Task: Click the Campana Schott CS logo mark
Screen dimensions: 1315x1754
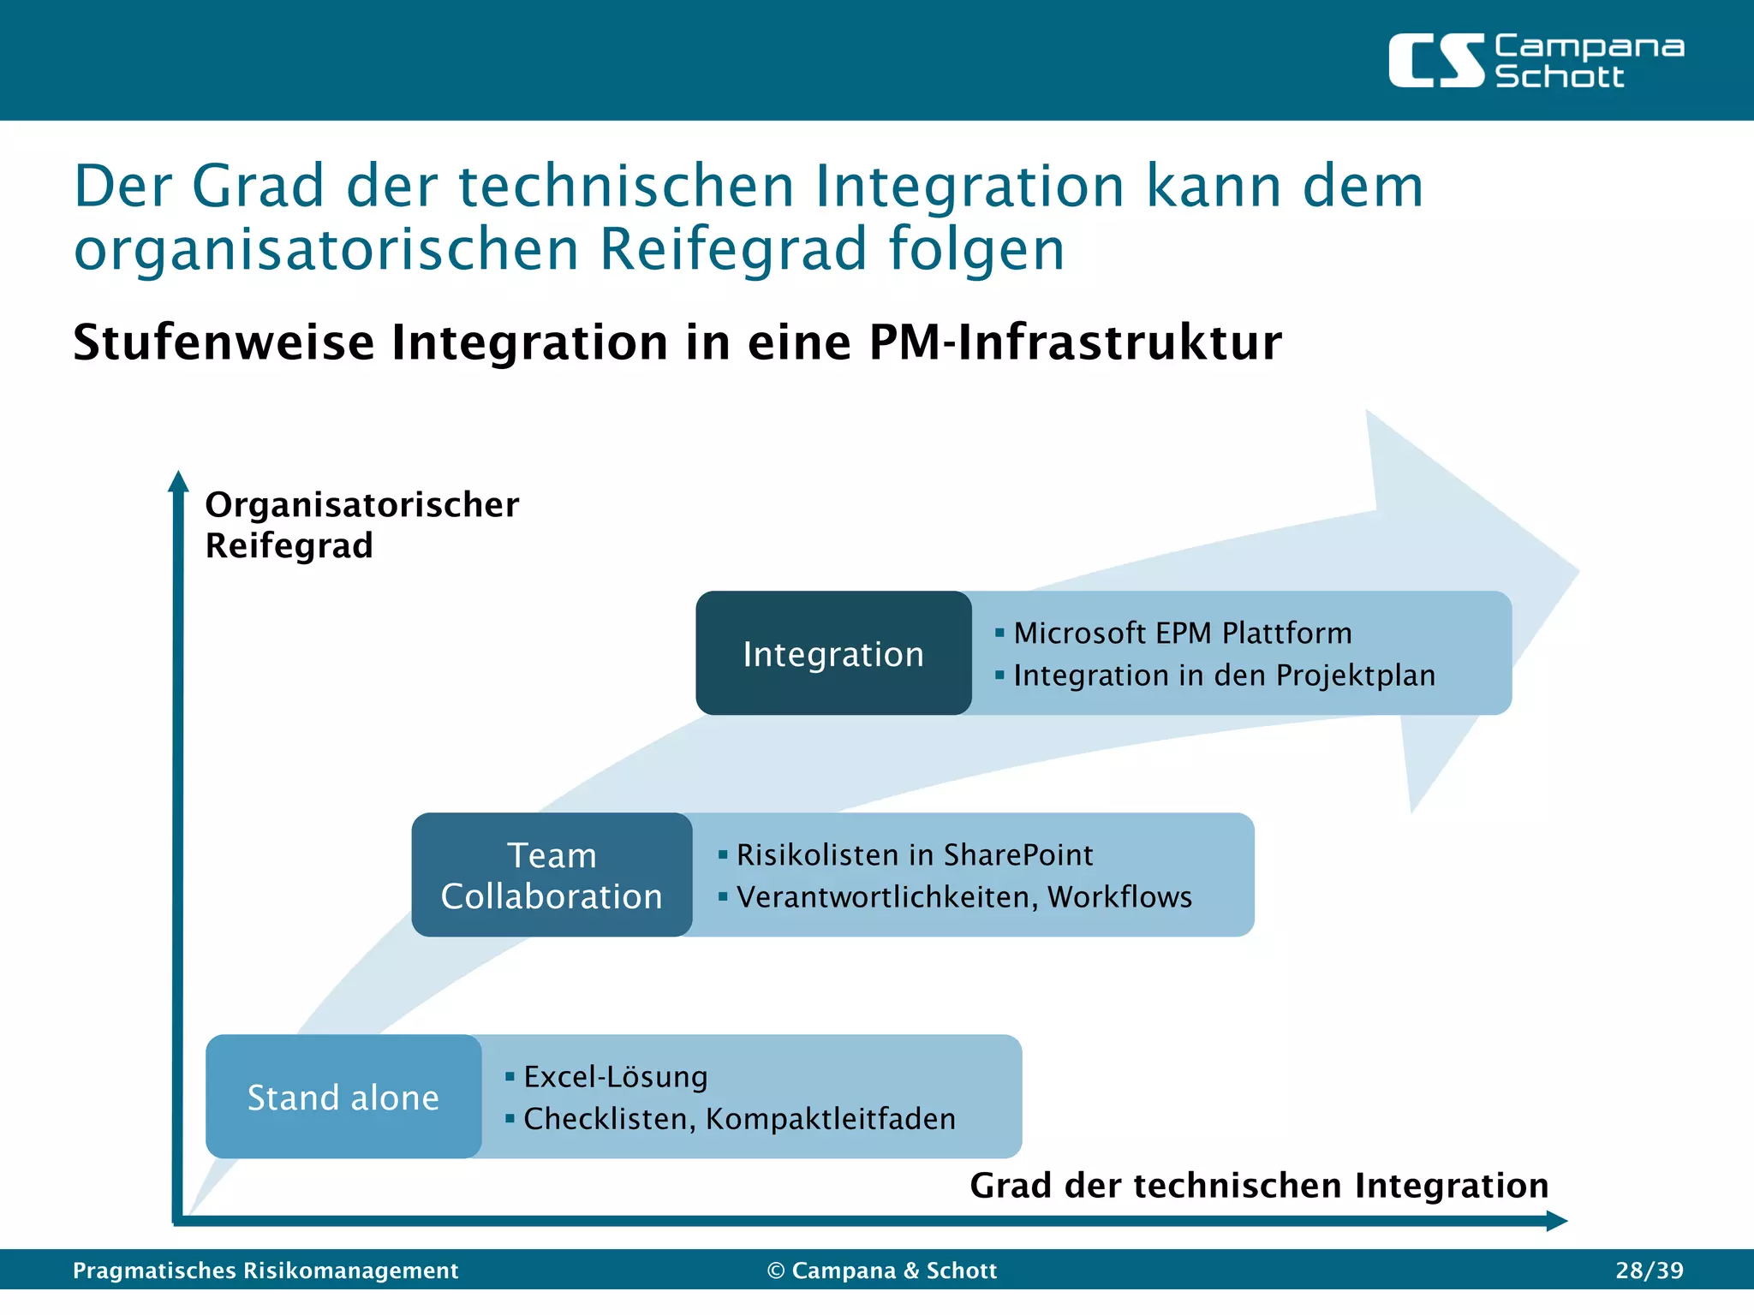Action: [x=1435, y=61]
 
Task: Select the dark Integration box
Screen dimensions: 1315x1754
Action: [x=833, y=653]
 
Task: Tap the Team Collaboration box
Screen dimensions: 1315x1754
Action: [x=552, y=875]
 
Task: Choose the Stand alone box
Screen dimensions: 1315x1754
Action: [x=343, y=1097]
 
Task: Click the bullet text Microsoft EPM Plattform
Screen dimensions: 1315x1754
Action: [x=1182, y=634]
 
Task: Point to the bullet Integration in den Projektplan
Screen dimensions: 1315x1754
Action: [x=1224, y=675]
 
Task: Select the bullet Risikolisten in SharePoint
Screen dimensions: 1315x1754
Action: [x=914, y=854]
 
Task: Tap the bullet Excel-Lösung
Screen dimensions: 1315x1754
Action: [x=615, y=1077]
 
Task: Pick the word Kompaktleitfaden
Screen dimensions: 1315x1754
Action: [x=830, y=1119]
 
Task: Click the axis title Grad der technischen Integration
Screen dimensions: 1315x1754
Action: [x=1259, y=1186]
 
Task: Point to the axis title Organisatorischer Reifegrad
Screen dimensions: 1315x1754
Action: [x=361, y=525]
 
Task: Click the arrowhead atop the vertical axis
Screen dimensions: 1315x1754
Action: [x=178, y=481]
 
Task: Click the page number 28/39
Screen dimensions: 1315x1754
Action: [x=1650, y=1270]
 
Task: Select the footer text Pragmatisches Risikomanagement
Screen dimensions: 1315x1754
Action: [x=265, y=1270]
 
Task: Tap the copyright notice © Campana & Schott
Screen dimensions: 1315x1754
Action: [x=882, y=1270]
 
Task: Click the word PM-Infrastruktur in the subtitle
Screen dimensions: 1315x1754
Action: [x=1075, y=342]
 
